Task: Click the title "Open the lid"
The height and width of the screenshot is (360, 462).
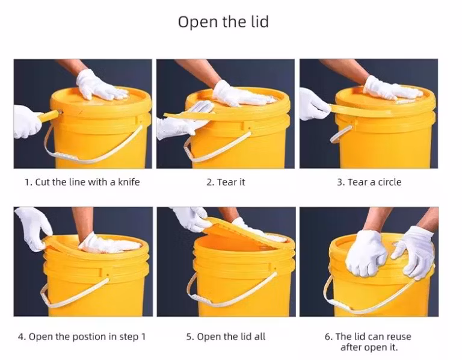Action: (223, 22)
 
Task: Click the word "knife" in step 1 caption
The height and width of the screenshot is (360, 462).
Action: (126, 182)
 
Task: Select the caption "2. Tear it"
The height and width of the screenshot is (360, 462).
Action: (226, 182)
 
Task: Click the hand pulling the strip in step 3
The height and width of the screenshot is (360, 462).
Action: (313, 104)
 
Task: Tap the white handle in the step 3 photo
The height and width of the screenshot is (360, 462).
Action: (340, 133)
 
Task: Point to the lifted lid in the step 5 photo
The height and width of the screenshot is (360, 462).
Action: (247, 232)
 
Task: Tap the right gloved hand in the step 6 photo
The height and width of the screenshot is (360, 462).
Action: (415, 250)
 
